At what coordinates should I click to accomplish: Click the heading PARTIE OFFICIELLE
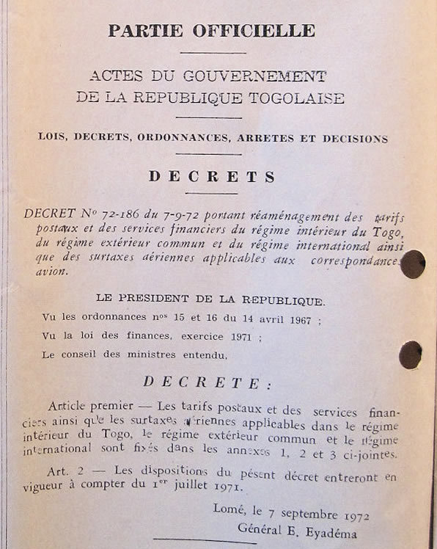212,31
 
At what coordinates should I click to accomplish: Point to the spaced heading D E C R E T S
212,177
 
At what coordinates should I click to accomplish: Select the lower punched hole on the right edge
410,355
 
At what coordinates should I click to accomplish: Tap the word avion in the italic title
51,272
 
